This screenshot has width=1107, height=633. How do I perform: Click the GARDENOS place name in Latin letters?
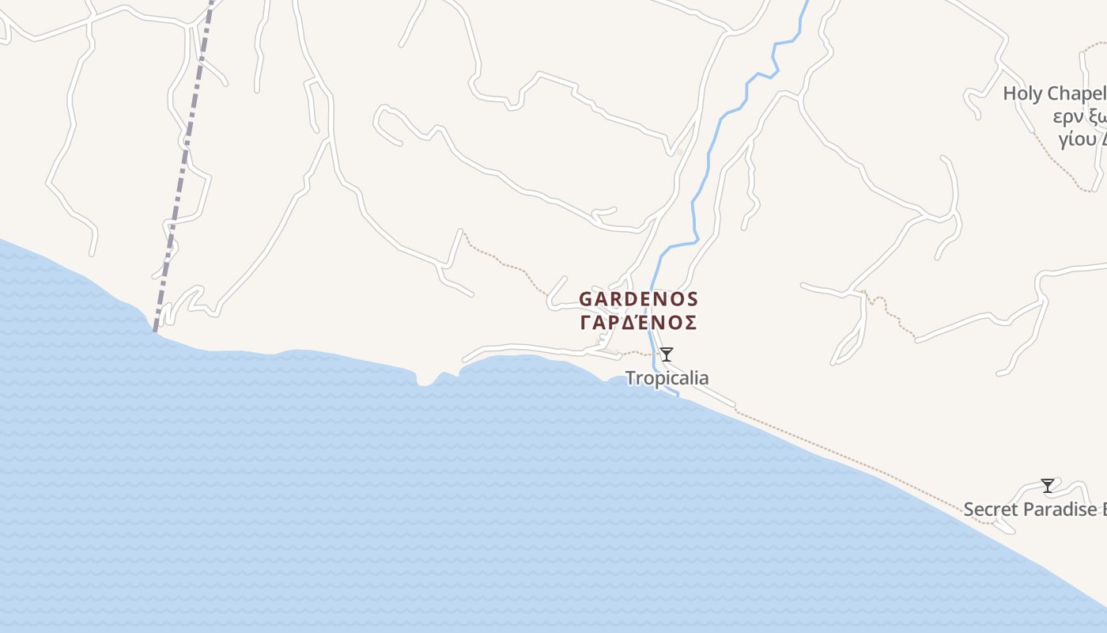pyautogui.click(x=639, y=300)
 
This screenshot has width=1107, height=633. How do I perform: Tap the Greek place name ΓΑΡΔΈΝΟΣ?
pyautogui.click(x=639, y=323)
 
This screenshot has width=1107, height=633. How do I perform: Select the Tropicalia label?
pyautogui.click(x=667, y=378)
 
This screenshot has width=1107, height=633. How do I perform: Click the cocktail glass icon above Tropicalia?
pyautogui.click(x=667, y=354)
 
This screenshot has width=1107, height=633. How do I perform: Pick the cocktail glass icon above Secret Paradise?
pyautogui.click(x=1048, y=485)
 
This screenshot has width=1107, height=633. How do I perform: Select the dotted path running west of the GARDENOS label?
pyautogui.click(x=506, y=261)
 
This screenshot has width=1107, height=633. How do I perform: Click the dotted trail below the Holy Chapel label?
pyautogui.click(x=1060, y=162)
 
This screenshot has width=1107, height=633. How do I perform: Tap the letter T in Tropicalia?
pyautogui.click(x=631, y=378)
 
